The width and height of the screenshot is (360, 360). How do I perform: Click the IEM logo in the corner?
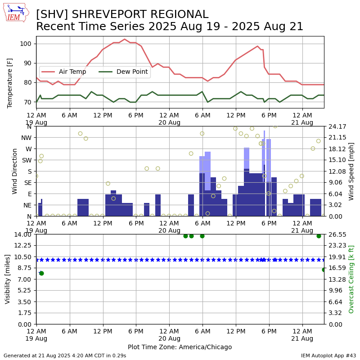pyautogui.click(x=16, y=13)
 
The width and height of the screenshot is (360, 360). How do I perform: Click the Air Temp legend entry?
pyautogui.click(x=64, y=72)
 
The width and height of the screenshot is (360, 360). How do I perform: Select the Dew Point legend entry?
pyautogui.click(x=123, y=72)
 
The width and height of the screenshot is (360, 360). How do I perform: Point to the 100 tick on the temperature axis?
pyautogui.click(x=25, y=44)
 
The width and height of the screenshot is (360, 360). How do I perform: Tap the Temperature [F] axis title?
pyautogui.click(x=9, y=83)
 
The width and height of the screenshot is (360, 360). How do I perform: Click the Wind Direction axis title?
pyautogui.click(x=14, y=171)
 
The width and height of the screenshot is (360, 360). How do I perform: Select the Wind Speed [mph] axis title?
pyautogui.click(x=351, y=171)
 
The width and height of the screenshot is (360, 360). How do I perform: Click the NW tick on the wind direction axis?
pyautogui.click(x=26, y=138)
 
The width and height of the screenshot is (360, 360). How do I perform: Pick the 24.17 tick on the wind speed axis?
pyautogui.click(x=337, y=126)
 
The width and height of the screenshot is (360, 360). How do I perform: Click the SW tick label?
pyautogui.click(x=27, y=160)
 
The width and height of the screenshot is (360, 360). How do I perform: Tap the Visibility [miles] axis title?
pyautogui.click(x=8, y=279)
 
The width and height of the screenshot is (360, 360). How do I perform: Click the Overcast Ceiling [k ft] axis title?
pyautogui.click(x=351, y=279)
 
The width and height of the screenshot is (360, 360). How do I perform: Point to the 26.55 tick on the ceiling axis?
pyautogui.click(x=337, y=234)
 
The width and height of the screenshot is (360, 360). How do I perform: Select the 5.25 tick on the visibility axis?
pyautogui.click(x=24, y=290)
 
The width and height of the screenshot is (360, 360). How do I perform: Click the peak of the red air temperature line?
pyautogui.click(x=125, y=39)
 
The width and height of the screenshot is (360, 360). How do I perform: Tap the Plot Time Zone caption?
pyautogui.click(x=180, y=347)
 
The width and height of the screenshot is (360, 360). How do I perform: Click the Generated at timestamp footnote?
pyautogui.click(x=65, y=355)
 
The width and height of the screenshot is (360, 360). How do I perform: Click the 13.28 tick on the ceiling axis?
pyautogui.click(x=337, y=279)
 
